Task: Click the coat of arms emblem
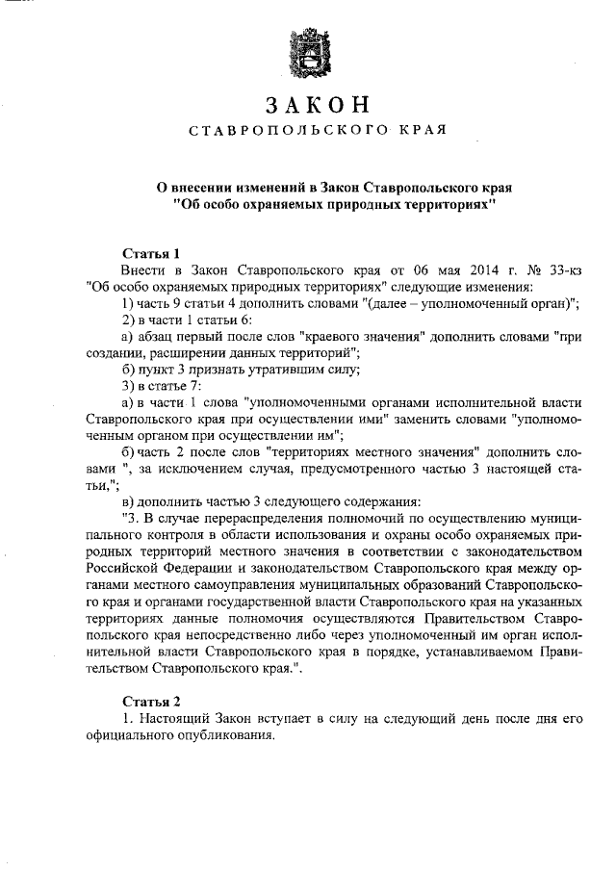pos(308,54)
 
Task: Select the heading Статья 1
pos(145,253)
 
